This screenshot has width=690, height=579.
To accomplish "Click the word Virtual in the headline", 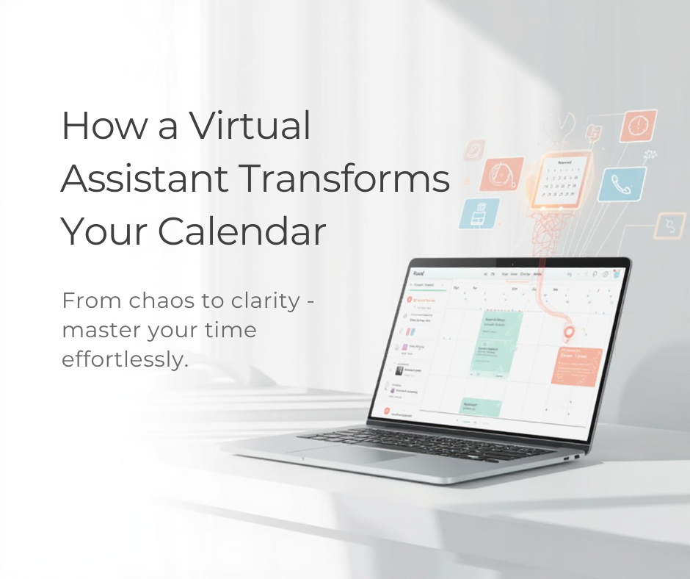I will pos(250,126).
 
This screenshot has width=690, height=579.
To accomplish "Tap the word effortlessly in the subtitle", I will pos(120,360).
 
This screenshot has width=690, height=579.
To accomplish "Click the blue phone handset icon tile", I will pos(621,184).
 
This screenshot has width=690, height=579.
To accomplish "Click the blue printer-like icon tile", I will pos(473,212).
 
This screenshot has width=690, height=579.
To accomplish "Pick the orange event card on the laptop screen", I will pos(577,365).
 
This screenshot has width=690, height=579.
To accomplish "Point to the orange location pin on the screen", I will pos(568,334).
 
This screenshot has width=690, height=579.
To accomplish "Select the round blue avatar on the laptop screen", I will pos(617,273).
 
